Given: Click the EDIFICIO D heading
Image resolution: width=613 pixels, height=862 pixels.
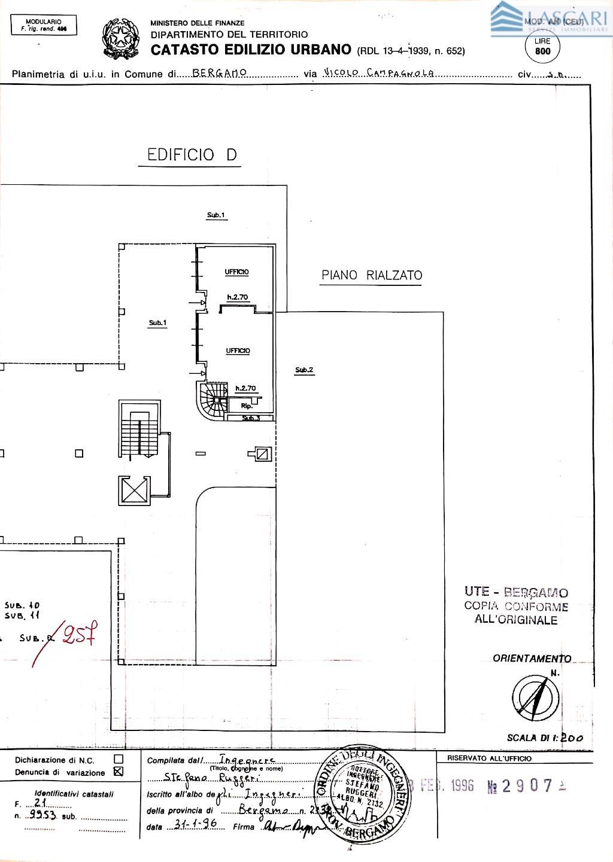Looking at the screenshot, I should [x=188, y=155].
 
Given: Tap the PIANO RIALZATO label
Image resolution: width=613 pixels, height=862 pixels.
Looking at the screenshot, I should [x=371, y=275].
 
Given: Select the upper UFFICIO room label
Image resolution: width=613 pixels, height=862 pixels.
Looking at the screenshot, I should [x=237, y=272].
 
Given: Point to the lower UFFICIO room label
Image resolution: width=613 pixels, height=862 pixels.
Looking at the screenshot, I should [x=238, y=351].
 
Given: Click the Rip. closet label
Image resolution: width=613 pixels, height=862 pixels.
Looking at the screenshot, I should [x=246, y=406].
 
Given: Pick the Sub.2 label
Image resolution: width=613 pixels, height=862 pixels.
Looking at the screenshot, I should [x=304, y=370].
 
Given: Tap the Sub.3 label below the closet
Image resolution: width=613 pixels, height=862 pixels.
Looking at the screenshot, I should [x=251, y=418].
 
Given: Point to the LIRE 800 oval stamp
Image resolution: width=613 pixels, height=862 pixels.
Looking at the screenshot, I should [x=542, y=47].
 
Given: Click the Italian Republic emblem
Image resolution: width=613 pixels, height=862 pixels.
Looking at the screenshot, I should [x=122, y=39].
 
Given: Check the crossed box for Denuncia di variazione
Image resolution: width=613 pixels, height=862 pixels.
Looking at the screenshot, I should [x=118, y=772].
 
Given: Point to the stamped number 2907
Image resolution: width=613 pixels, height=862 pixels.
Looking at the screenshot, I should [x=526, y=786].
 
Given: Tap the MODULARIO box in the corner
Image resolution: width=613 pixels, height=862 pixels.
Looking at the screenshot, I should [x=44, y=25].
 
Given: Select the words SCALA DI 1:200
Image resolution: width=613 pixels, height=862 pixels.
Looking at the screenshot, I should [x=545, y=738].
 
